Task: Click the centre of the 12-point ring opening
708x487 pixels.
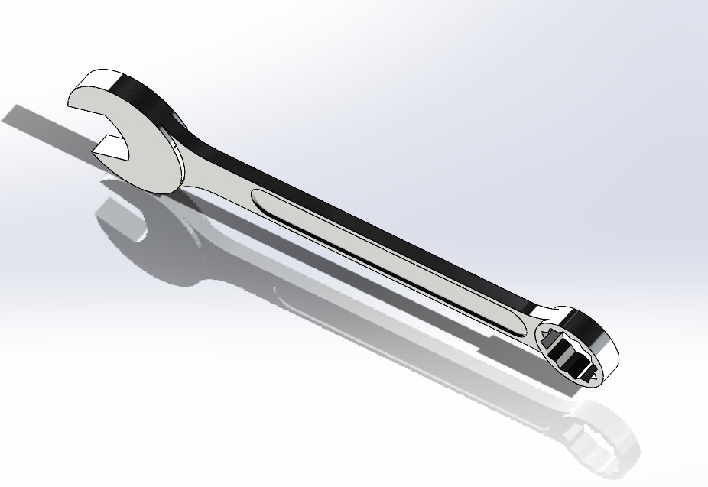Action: click(569, 352)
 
